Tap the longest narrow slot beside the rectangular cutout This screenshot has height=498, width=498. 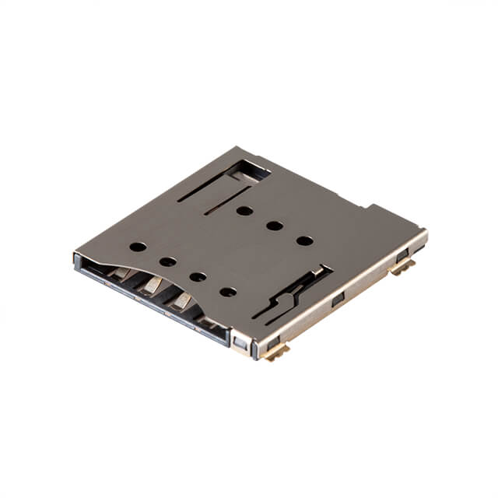pos(206,184)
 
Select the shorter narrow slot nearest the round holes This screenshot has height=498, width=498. pos(226,200)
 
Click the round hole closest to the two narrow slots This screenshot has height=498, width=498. pos(244,210)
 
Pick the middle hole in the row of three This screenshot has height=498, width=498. pos(275,226)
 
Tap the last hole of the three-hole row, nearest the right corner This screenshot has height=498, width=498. pos(305,240)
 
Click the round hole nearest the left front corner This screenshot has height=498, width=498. pos(138,247)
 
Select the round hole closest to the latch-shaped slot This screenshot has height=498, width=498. pos(228,292)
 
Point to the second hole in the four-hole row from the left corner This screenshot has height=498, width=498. pos(168,261)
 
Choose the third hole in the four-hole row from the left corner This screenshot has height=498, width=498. pos(198,276)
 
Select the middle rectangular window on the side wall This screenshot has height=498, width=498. pos(338,300)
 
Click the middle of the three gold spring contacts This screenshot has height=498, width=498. pos(152,286)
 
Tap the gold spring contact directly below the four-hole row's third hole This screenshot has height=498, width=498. pos(182,300)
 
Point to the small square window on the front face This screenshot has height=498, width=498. pos(241,343)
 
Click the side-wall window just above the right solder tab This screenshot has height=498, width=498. pos(402,254)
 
